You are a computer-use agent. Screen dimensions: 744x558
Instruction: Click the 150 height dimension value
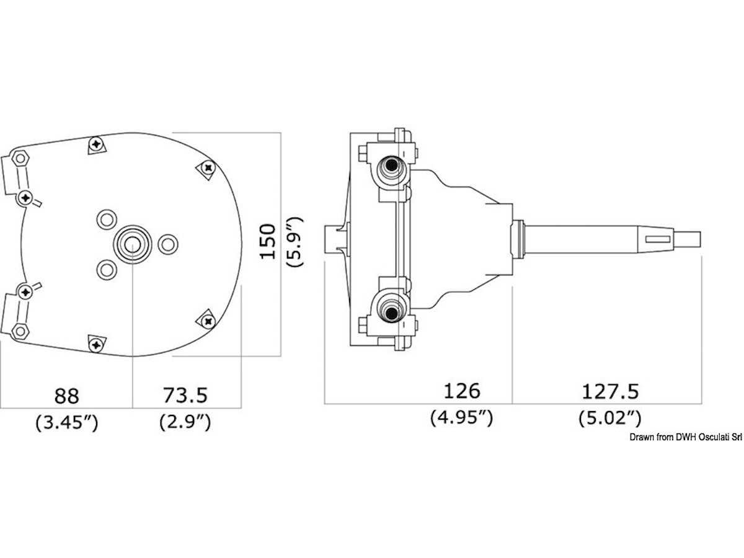pos(268,241)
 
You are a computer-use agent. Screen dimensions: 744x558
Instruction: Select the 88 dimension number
pos(67,396)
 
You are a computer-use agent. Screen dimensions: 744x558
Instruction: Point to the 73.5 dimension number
pos(185,395)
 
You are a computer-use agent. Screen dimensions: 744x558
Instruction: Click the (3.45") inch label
pos(67,422)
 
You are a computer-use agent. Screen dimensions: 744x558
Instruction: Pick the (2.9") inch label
pos(185,422)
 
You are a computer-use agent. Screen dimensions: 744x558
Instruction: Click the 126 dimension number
pos(462,391)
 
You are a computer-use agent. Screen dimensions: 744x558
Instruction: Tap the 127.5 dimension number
pos(610,392)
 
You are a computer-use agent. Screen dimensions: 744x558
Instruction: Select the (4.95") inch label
pos(462,418)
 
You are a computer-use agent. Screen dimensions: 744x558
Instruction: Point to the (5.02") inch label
pos(610,418)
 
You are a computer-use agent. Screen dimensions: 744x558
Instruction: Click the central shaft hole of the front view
pos(132,244)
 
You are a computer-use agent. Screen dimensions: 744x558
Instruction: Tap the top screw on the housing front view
pos(97,144)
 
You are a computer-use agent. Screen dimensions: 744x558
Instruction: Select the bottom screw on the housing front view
pos(97,345)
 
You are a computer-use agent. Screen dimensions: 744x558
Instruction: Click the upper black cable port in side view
pos(391,166)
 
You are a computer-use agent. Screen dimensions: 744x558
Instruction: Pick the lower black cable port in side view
pos(391,312)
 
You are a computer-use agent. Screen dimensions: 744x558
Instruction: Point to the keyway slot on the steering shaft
pos(658,239)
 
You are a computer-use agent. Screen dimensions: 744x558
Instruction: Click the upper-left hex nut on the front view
pos(20,158)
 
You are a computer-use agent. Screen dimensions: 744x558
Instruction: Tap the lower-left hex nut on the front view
pos(20,330)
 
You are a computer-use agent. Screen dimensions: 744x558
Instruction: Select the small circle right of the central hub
pos(168,244)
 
